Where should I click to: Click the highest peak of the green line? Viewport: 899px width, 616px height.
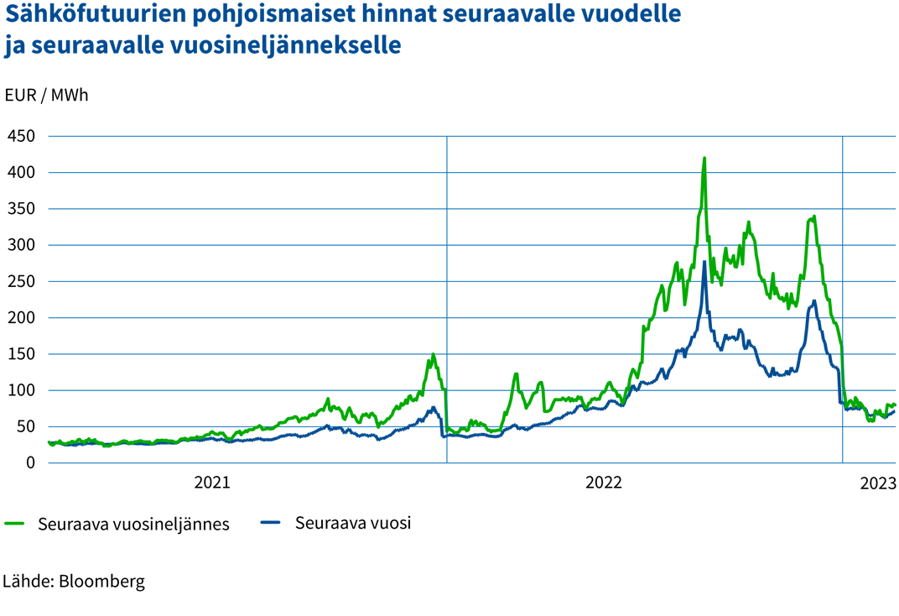coord(704,156)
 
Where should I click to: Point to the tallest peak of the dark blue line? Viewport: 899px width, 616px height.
coord(704,260)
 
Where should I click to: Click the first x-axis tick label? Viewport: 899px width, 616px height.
coord(211,475)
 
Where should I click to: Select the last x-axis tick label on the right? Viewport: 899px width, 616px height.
coord(877,475)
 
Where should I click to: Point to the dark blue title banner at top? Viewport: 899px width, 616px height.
coord(377,34)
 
